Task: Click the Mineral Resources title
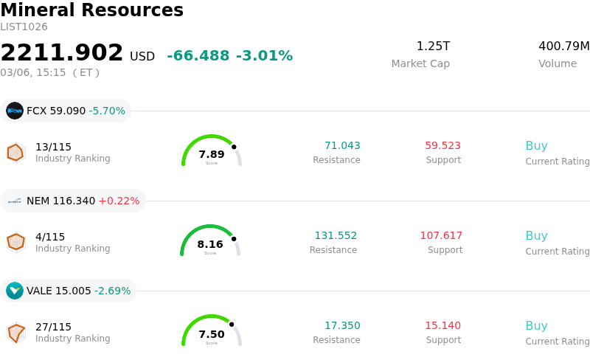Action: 91,10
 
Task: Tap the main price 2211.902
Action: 62,53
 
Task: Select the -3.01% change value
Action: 264,56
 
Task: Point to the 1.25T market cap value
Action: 433,46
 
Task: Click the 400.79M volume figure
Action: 563,46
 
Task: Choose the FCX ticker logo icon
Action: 15,111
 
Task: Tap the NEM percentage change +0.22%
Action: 119,201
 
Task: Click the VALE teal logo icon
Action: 15,291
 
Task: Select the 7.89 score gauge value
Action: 212,154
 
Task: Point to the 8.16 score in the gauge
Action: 210,244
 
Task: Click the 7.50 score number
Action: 212,334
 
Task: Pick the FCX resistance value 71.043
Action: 342,146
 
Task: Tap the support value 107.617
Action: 441,236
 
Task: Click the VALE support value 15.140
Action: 442,326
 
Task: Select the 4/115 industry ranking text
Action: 50,237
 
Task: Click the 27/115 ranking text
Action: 53,327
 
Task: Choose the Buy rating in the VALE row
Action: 536,326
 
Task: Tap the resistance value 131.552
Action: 336,236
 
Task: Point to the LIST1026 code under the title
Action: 24,27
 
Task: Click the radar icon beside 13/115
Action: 15,152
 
